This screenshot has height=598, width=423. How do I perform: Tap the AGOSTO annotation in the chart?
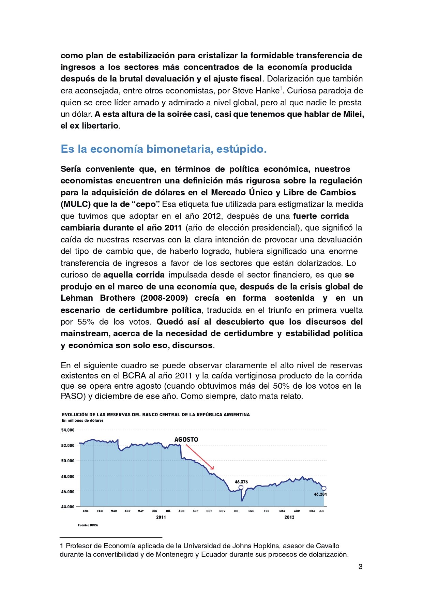pos(186,439)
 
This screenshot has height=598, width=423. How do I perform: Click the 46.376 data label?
pos(241,482)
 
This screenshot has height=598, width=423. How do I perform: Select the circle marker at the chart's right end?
pos(324,488)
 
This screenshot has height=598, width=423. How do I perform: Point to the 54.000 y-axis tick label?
pos(67,430)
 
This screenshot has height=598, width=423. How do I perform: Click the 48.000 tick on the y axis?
pos(67,476)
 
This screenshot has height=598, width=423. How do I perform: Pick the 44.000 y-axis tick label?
pos(67,507)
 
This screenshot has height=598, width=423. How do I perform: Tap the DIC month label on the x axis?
pos(236,511)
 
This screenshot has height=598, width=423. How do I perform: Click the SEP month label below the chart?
pos(195,511)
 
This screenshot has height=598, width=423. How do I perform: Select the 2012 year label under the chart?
pos(289,517)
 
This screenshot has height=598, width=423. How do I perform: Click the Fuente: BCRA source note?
pos(88,525)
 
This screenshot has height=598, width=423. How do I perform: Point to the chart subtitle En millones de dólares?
pos(82,420)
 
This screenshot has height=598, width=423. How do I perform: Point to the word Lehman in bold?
pos(77,298)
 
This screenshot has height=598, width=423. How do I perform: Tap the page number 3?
pos(360,567)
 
